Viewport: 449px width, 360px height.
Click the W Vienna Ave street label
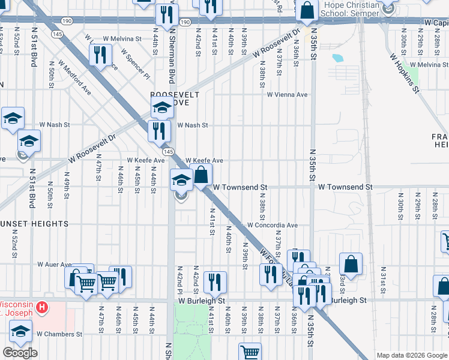pos(287,95)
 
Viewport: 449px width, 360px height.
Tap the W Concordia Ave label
pos(273,226)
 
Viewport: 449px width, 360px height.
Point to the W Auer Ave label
pos(54,264)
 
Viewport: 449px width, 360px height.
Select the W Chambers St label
pos(59,334)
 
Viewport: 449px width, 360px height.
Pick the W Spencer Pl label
pos(135,64)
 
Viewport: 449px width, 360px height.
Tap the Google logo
pos(19,353)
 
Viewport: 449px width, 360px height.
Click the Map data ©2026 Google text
pos(412,355)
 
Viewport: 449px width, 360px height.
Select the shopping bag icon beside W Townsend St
pos(201,175)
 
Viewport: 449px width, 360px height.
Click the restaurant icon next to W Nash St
pos(159,130)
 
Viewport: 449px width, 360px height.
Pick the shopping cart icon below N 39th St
pos(250,352)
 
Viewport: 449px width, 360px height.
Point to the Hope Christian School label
pos(351,9)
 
